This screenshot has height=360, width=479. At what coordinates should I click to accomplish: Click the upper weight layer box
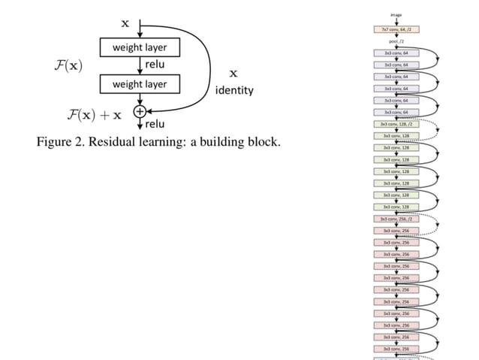pos(140,48)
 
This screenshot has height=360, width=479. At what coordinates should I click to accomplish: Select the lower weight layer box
pos(140,84)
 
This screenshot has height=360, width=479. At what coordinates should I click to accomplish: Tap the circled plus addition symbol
pos(139,111)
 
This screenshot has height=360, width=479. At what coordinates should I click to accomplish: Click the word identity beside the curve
pos(234,90)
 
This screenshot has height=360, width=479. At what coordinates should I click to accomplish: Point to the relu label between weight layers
pos(155,65)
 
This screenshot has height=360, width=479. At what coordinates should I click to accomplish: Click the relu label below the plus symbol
pos(155,124)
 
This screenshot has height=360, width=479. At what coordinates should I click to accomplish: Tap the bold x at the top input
pos(125,23)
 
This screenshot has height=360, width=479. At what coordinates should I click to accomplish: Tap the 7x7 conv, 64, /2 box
pos(396,29)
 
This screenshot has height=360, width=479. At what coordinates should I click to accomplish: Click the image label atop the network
pos(396,14)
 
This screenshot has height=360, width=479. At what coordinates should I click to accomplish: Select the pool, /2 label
pos(396,41)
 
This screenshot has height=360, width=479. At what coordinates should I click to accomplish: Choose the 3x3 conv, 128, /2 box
pos(396,124)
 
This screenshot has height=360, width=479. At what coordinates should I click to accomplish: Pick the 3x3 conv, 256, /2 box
pos(396,218)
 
